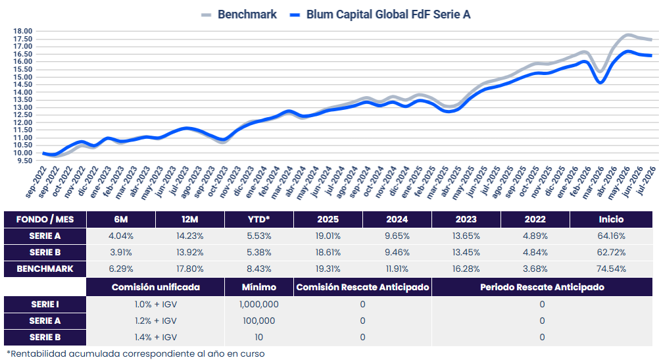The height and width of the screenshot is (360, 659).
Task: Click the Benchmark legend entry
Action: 239,14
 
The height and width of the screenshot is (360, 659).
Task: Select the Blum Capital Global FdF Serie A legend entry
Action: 380,14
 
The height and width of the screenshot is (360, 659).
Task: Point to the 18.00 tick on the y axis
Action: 23,31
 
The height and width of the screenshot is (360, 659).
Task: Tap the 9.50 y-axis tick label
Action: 24,161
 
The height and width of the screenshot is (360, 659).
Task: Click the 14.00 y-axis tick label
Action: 23,92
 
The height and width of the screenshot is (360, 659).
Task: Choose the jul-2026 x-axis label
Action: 647,181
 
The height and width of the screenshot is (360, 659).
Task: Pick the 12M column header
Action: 190,219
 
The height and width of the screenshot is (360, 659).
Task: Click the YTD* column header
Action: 259,219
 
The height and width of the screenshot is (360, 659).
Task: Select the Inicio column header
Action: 611,219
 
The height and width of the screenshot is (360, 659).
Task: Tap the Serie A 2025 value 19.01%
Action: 328,236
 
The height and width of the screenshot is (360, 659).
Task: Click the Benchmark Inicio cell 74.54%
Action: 611,269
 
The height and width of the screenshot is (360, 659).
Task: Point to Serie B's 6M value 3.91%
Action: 121,252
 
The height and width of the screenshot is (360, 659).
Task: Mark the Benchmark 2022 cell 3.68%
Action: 535,269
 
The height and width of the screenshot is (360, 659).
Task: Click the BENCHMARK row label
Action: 45,269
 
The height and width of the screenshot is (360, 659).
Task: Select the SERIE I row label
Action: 45,304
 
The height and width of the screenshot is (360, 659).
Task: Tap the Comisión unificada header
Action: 155,287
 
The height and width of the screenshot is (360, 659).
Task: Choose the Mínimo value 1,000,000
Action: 259,304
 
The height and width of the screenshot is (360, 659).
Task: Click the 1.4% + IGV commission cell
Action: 155,337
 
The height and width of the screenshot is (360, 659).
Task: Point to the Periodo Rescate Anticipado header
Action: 542,287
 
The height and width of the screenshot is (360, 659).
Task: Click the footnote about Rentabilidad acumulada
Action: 135,353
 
